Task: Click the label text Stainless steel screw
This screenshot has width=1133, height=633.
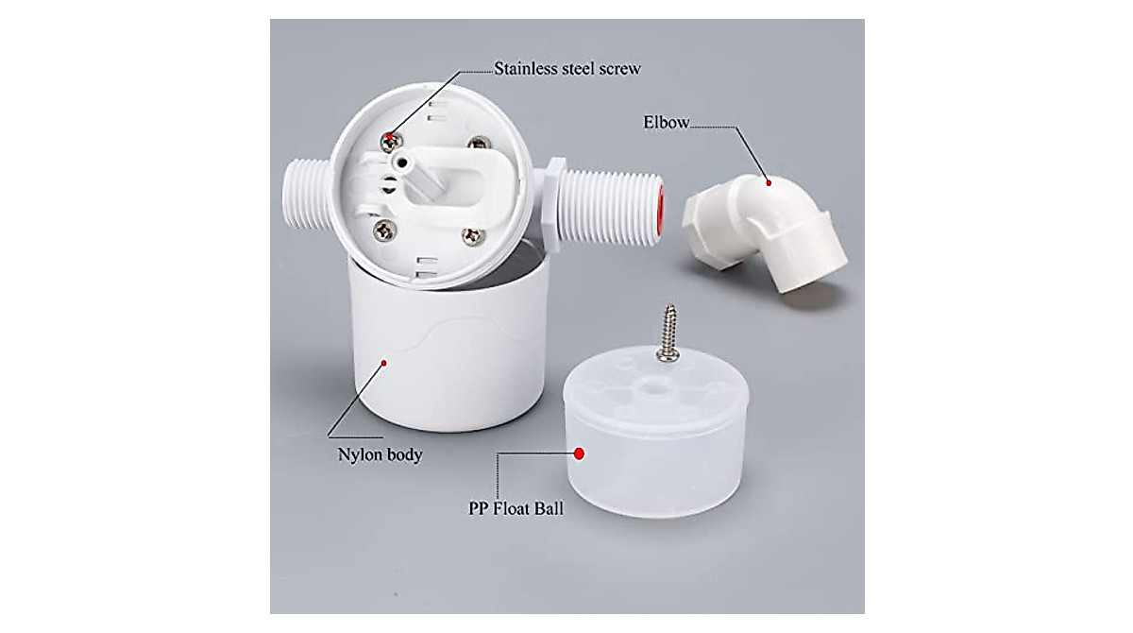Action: click(x=567, y=69)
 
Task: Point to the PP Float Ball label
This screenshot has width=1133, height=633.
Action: click(x=516, y=508)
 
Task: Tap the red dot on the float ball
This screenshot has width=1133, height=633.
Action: click(x=580, y=453)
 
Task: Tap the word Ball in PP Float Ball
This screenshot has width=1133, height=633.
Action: click(x=546, y=508)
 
